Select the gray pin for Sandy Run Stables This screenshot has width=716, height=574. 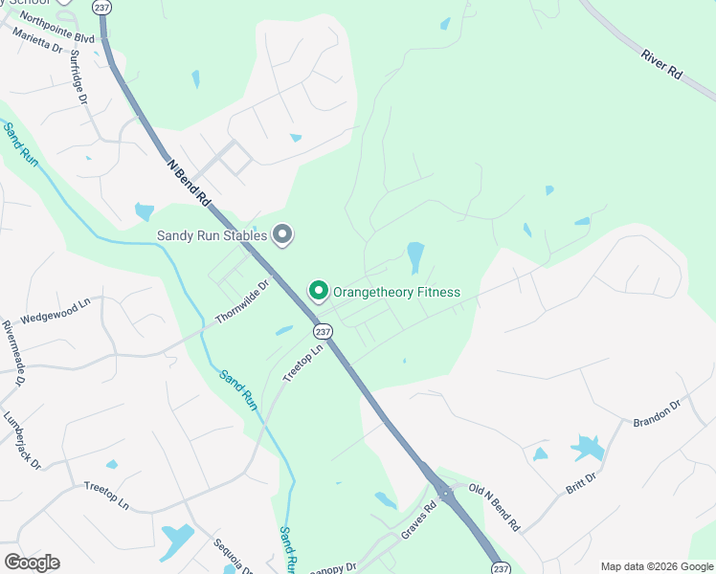pos(282,233)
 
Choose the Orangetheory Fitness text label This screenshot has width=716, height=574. pos(396,292)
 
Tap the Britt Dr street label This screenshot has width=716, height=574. pos(581,482)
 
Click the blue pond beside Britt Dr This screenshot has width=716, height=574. pos(586,447)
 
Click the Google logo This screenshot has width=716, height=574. pos(32,563)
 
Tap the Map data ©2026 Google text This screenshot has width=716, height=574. pos(656,566)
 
